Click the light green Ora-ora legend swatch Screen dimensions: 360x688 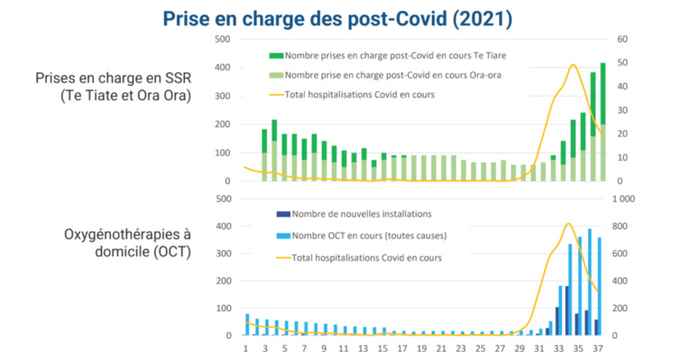[275, 75]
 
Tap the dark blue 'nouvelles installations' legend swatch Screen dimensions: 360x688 [282, 214]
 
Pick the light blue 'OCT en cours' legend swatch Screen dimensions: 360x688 [282, 236]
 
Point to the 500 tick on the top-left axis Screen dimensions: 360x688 [222, 39]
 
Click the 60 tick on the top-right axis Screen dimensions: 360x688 [622, 39]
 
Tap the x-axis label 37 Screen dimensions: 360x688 [598, 347]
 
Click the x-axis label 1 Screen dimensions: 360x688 [246, 347]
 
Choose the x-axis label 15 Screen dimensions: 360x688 [383, 347]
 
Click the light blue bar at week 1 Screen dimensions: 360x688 [247, 324]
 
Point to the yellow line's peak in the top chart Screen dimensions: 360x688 [573, 65]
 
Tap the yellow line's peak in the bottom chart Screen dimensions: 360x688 [568, 224]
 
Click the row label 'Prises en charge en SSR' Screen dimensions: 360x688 [113, 78]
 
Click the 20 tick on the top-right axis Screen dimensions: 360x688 [622, 134]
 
